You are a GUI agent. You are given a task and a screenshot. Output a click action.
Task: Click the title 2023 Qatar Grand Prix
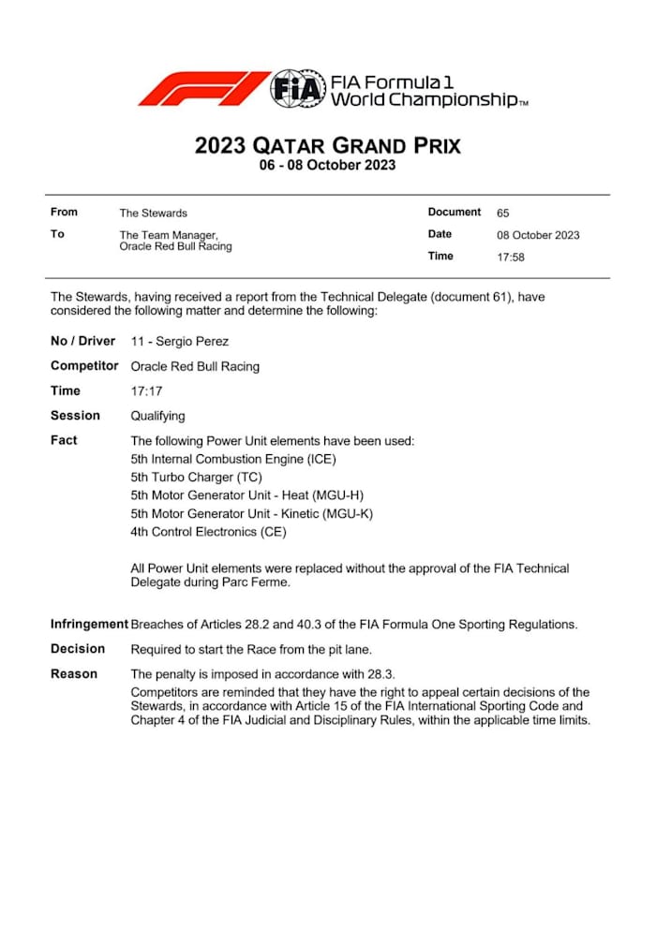coord(327,145)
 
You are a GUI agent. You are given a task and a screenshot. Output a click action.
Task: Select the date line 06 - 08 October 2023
coord(327,166)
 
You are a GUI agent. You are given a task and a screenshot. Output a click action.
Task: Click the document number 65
coord(503,214)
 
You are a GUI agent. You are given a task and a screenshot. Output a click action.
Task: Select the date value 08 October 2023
coord(538,235)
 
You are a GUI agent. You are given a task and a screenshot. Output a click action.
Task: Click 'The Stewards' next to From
coord(153,214)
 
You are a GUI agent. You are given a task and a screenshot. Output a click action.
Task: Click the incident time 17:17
coord(145,391)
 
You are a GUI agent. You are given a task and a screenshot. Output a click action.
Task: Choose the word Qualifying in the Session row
coord(157,416)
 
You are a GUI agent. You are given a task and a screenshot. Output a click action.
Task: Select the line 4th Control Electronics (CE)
coord(208,532)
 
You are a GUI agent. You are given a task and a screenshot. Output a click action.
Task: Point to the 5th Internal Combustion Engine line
coord(232,459)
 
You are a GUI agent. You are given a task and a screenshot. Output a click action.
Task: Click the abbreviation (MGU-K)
coord(353,514)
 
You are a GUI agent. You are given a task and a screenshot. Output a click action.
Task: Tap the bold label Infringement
coord(89,624)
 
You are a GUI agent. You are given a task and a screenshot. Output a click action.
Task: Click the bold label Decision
coord(78,648)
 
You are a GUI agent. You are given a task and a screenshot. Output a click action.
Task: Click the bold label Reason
coord(74,673)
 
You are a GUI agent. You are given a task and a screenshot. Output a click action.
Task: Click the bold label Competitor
coord(84,366)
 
